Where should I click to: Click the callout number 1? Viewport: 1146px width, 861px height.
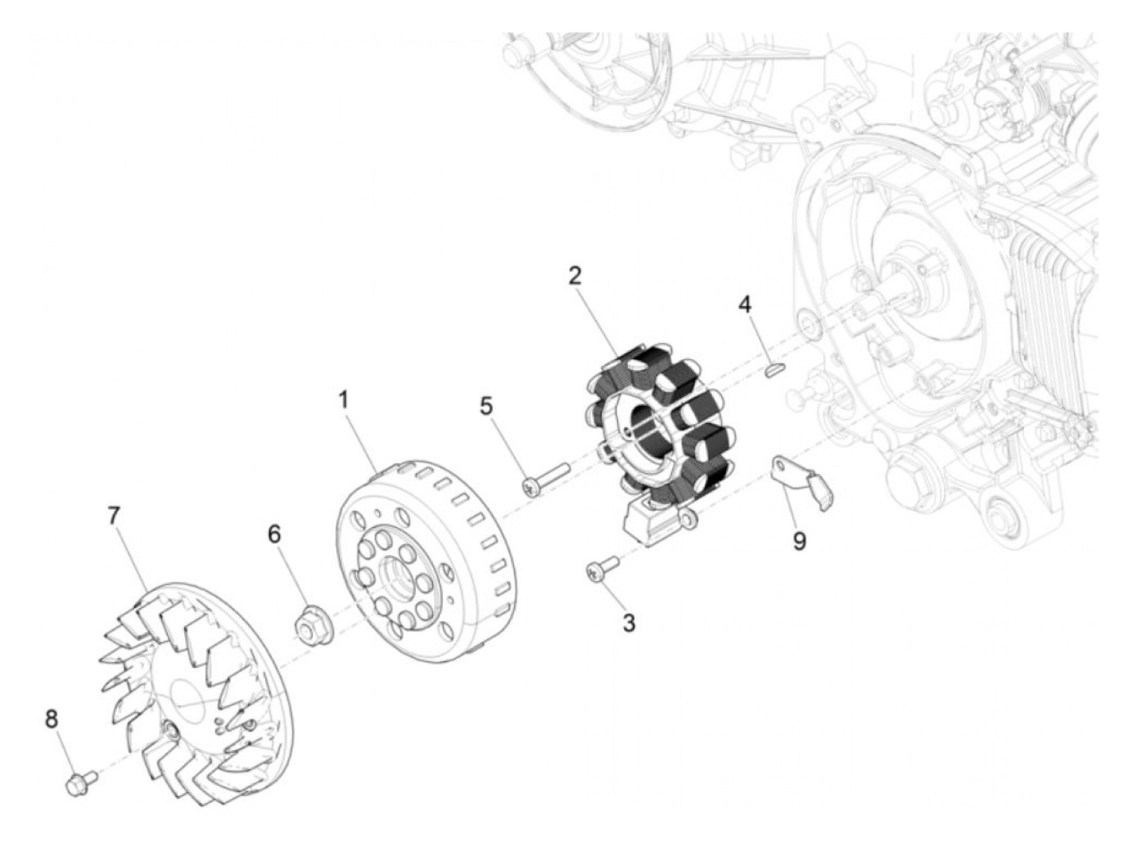coord(344,400)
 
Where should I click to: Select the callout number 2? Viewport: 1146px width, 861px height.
coord(575,276)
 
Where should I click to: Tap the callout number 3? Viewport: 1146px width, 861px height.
coord(629,623)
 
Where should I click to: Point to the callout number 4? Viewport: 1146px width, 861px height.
coord(744,305)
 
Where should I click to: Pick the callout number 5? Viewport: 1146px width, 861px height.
coord(487,405)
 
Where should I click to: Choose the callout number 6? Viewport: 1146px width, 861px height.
coord(274,534)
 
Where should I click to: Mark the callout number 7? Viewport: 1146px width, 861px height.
coord(113,516)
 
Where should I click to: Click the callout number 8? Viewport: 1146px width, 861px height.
coord(52,719)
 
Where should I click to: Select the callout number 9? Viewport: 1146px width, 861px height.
coord(799,541)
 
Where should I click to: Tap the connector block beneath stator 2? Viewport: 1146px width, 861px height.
coord(652,519)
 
